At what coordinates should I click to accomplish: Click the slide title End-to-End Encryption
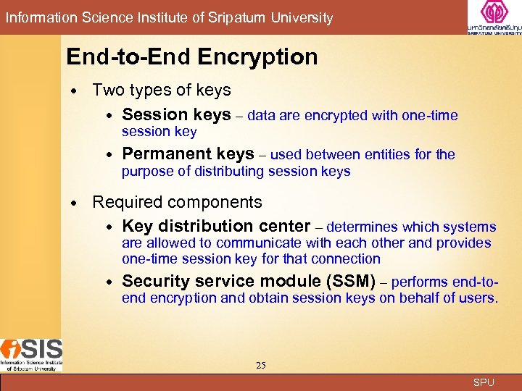click(191, 56)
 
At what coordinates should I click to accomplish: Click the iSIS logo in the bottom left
click(31, 354)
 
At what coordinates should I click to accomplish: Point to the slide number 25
click(261, 366)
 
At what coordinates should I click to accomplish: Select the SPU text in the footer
click(483, 382)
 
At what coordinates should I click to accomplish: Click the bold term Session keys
click(176, 114)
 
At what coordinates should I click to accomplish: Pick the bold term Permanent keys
click(188, 154)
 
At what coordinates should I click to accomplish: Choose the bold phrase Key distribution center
click(216, 226)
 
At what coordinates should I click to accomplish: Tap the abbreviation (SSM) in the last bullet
click(351, 281)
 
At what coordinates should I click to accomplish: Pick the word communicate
click(257, 243)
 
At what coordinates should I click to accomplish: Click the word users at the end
click(478, 298)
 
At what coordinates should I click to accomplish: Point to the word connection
click(347, 258)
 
